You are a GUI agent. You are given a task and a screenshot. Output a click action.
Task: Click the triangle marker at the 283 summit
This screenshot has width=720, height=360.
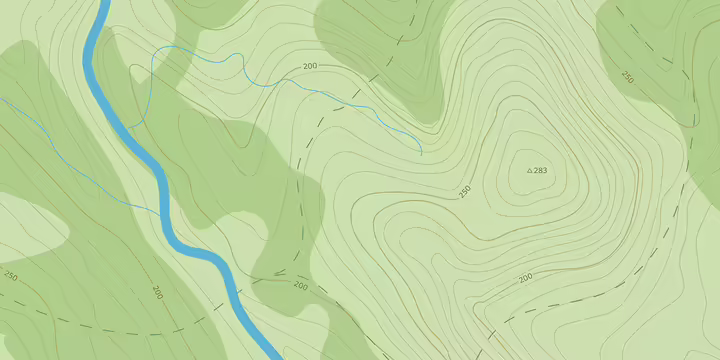(530, 171)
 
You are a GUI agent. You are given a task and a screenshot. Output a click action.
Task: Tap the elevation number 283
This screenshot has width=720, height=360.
(541, 171)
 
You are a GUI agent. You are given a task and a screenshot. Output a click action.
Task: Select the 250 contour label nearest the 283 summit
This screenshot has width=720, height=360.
(464, 190)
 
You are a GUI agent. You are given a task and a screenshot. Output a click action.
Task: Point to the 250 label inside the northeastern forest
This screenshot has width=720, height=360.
(627, 76)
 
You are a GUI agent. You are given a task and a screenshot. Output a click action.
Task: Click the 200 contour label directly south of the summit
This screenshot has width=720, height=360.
(525, 277)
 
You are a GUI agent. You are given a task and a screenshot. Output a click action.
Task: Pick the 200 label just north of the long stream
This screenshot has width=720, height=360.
(309, 66)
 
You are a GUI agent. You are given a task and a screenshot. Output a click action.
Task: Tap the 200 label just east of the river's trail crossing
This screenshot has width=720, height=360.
(300, 285)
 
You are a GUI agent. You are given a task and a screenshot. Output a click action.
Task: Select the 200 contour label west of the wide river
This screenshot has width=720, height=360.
(157, 292)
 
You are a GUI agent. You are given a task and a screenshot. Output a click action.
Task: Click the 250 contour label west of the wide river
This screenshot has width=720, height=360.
(11, 275)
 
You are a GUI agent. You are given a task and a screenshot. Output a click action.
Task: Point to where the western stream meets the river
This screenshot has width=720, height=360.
(163, 212)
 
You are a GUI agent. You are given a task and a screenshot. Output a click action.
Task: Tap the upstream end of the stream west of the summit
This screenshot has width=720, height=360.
(421, 154)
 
